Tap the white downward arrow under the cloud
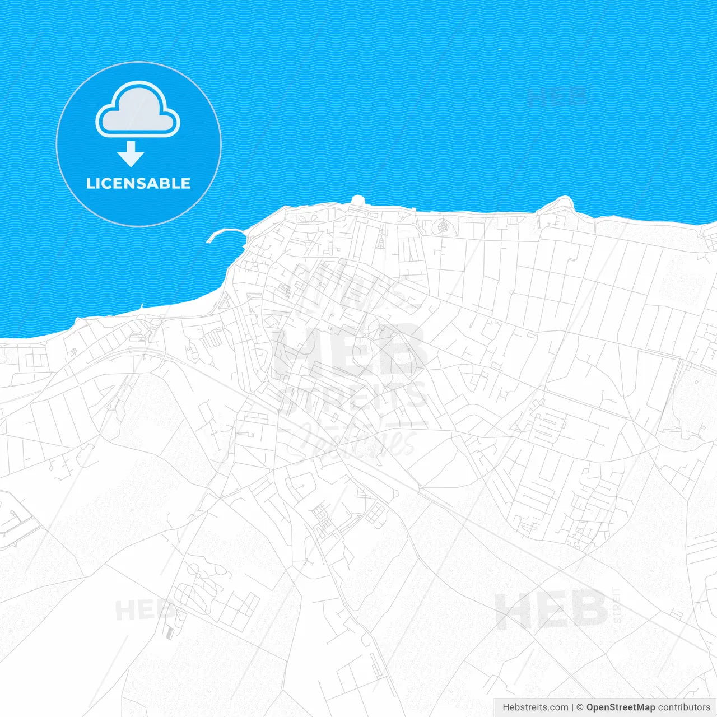point(131,154)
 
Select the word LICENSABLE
point(138,183)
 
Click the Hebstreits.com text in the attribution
point(535,707)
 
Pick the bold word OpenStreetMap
point(621,707)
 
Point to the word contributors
point(684,707)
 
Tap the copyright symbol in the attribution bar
point(580,707)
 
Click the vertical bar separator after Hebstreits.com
point(572,707)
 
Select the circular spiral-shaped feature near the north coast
point(443,226)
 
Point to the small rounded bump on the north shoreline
point(357,199)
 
